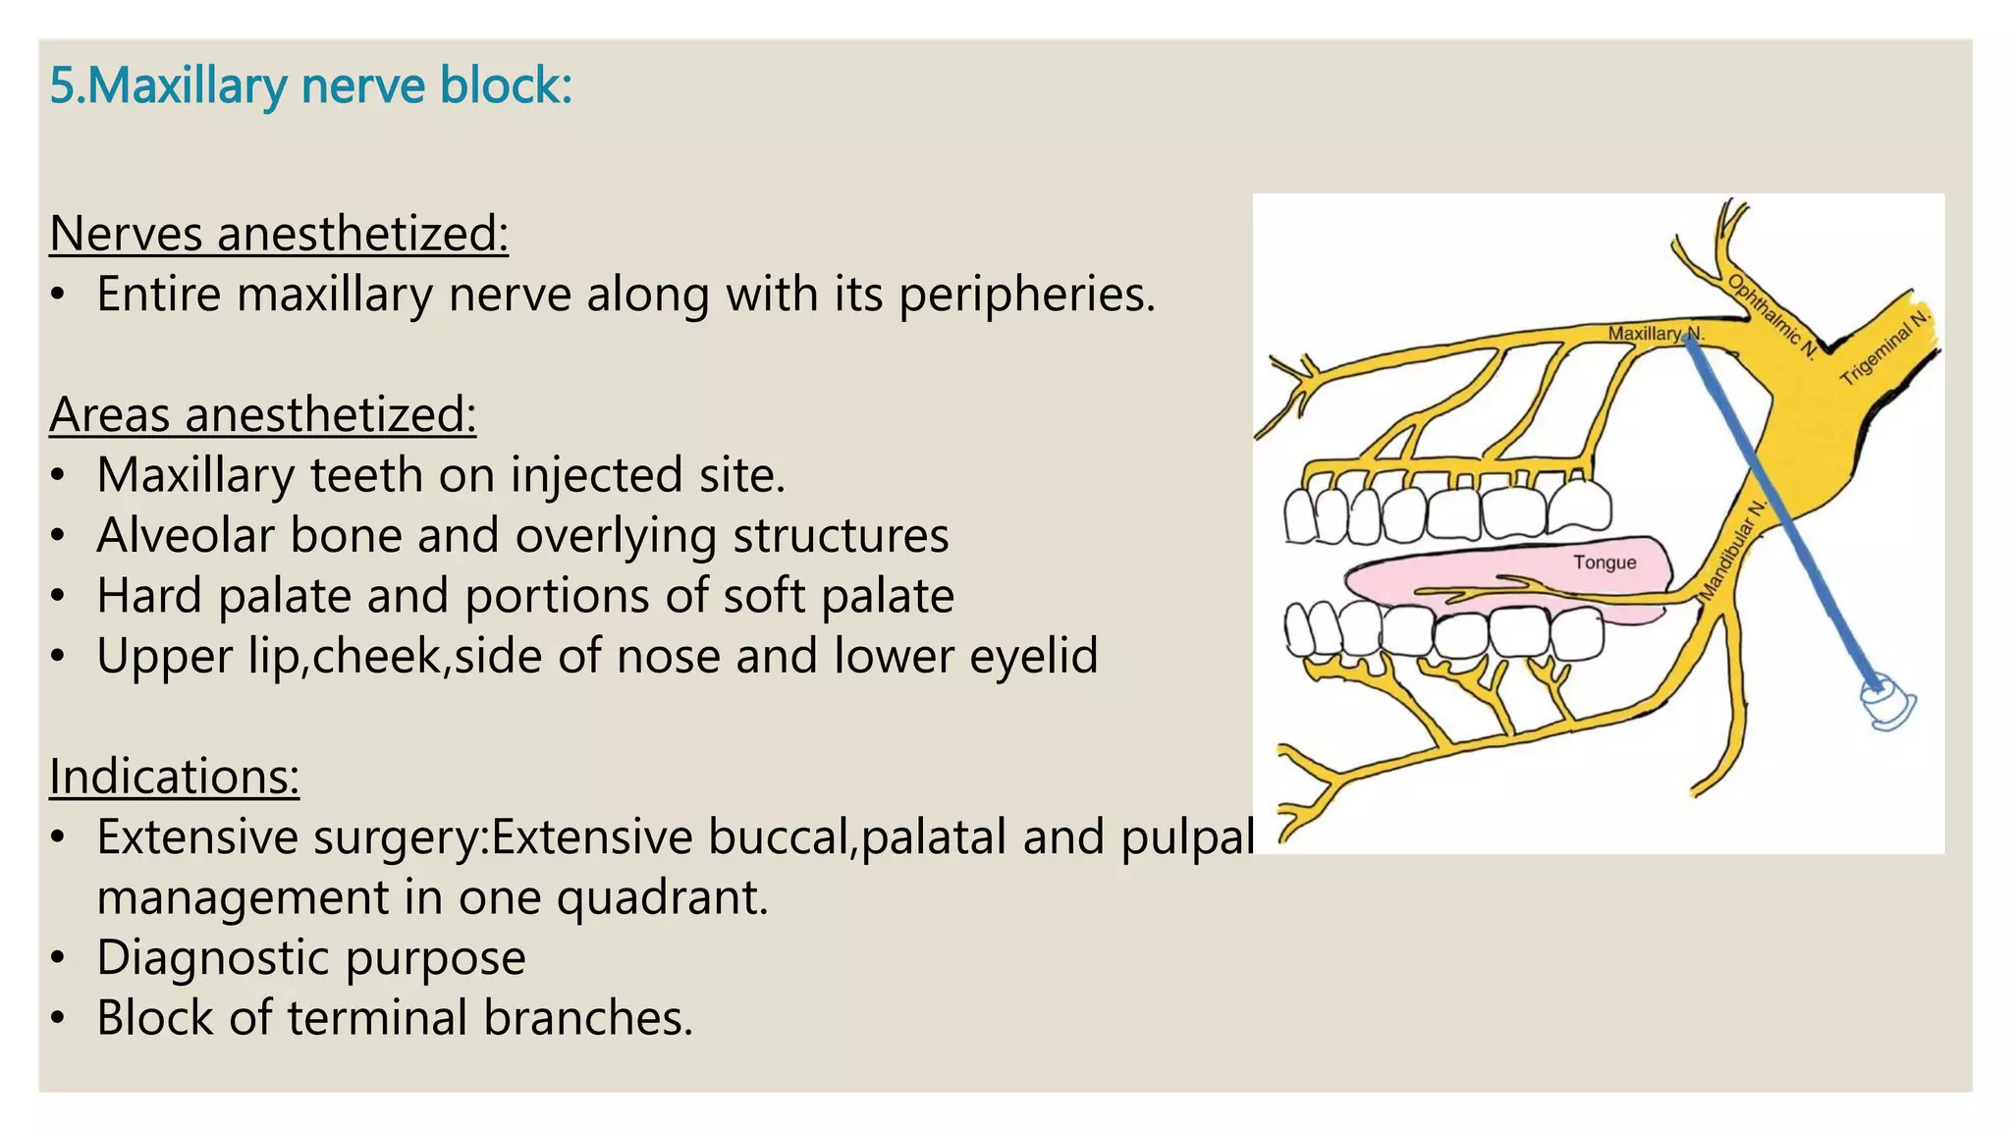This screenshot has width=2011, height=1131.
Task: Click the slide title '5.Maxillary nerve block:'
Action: point(310,86)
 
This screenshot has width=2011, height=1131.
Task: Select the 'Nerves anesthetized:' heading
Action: point(279,234)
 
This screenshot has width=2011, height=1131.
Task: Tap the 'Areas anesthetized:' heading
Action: point(263,414)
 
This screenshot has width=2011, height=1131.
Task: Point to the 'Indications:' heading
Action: point(174,777)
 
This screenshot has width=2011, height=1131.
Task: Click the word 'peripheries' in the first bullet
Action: point(1026,295)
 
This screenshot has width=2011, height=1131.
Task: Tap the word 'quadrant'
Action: point(661,897)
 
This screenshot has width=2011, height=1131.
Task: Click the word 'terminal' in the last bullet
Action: point(377,1017)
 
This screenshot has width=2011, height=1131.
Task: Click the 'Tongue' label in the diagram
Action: point(1604,563)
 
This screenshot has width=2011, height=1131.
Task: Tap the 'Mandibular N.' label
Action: point(1733,550)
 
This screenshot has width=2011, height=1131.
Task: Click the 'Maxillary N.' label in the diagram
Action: point(1654,334)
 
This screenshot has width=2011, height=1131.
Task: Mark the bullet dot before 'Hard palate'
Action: point(59,596)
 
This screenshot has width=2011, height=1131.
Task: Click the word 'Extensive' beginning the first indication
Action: point(188,837)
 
